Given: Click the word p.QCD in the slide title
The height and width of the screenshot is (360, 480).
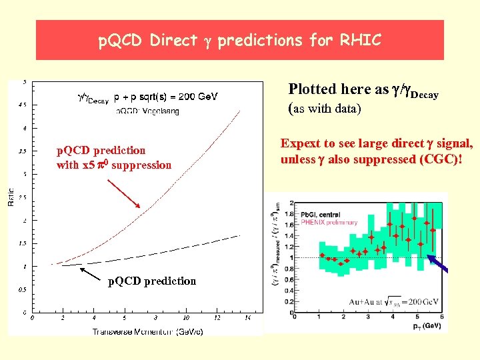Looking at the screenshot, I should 121,41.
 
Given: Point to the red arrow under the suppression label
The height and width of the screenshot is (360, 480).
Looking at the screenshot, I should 123,193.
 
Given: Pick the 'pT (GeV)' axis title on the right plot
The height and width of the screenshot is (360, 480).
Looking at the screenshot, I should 427,325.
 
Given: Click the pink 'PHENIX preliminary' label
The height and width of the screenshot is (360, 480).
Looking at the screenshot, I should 329,222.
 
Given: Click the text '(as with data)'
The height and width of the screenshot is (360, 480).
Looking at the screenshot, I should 324,109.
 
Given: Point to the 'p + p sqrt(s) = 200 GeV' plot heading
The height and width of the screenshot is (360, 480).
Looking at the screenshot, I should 166,97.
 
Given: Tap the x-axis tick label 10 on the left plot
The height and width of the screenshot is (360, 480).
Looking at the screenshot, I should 186,318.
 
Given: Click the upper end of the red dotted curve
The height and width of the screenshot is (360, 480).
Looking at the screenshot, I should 239,110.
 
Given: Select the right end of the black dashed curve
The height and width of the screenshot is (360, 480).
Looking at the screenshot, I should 239,235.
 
